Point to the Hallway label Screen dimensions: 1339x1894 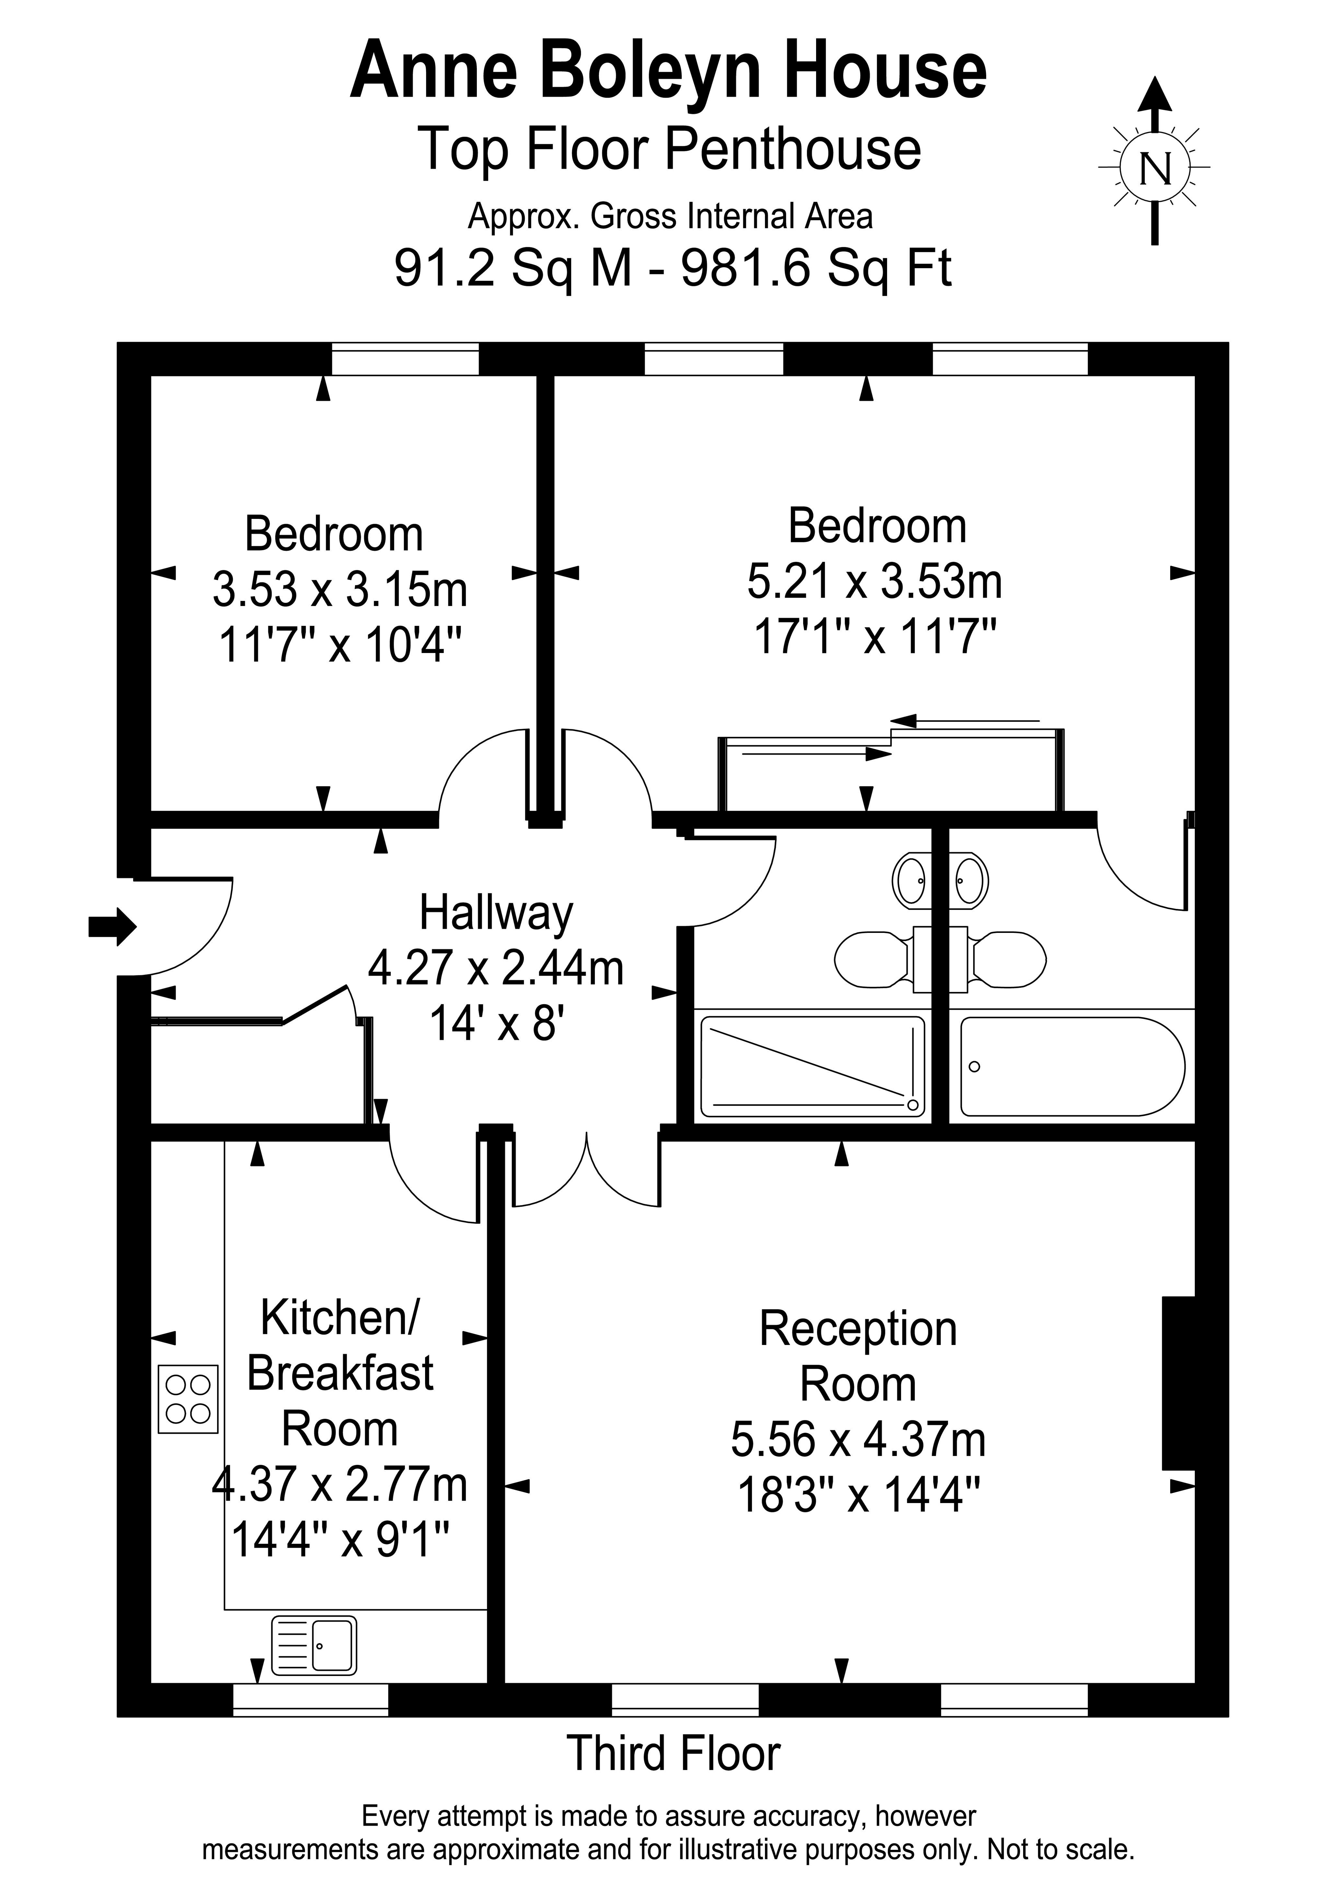(496, 914)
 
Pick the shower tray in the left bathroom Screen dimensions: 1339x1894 (813, 1067)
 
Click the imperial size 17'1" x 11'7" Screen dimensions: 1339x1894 (875, 637)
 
